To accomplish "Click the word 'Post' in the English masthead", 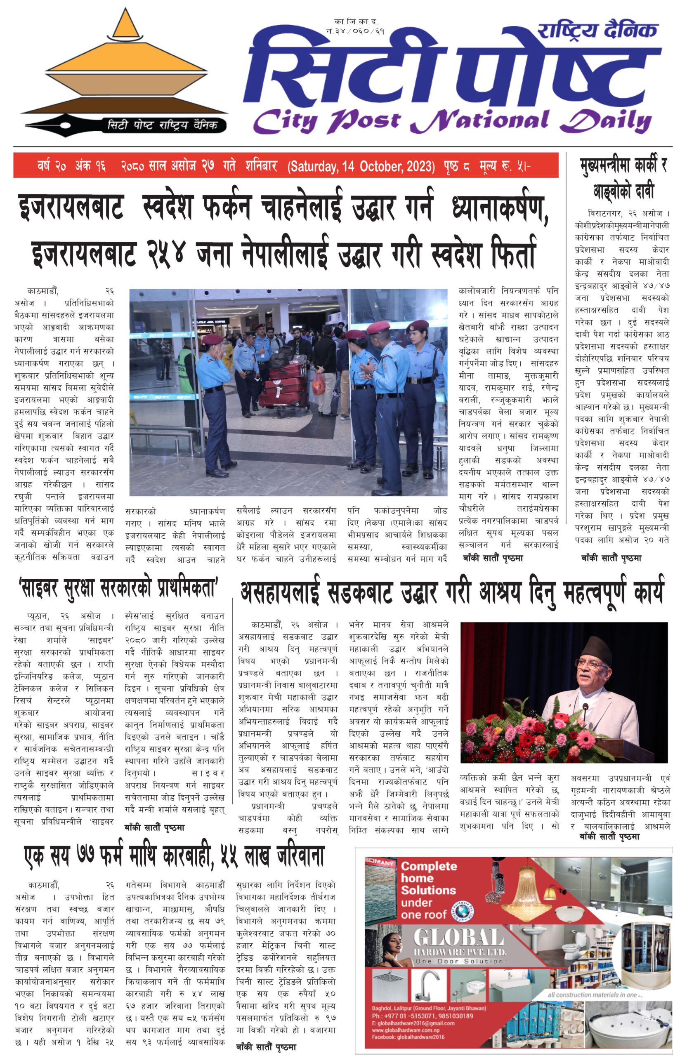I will pos(364,121).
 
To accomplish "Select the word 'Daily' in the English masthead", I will pos(606,121).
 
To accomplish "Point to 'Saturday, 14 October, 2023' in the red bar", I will pos(361,166).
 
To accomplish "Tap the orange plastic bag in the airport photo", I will pos(318,383).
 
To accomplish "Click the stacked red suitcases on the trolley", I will pos(284,384).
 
